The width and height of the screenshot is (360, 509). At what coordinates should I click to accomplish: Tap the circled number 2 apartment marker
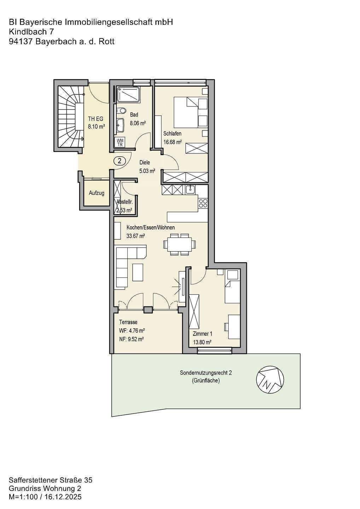[x=120, y=161]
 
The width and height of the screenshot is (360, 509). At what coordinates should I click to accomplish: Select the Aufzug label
[x=97, y=193]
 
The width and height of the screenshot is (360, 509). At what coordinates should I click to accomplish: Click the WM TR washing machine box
[x=120, y=142]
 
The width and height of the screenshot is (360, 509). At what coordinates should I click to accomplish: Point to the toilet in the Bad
[x=122, y=111]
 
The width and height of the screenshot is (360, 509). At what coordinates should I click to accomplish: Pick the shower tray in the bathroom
[x=128, y=94]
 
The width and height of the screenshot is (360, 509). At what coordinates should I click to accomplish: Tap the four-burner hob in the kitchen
[x=203, y=203]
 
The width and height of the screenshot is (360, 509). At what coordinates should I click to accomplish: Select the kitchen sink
[x=190, y=189]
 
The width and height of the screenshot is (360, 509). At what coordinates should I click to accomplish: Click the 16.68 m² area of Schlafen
[x=173, y=142]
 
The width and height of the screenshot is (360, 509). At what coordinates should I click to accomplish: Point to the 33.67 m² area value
[x=136, y=236]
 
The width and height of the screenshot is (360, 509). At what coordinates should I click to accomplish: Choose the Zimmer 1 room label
[x=202, y=334]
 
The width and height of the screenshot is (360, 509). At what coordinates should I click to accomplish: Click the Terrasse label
[x=128, y=322]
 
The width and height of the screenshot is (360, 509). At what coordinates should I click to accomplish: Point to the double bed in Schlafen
[x=191, y=112]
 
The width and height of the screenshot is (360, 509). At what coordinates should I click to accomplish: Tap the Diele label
[x=145, y=163]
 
